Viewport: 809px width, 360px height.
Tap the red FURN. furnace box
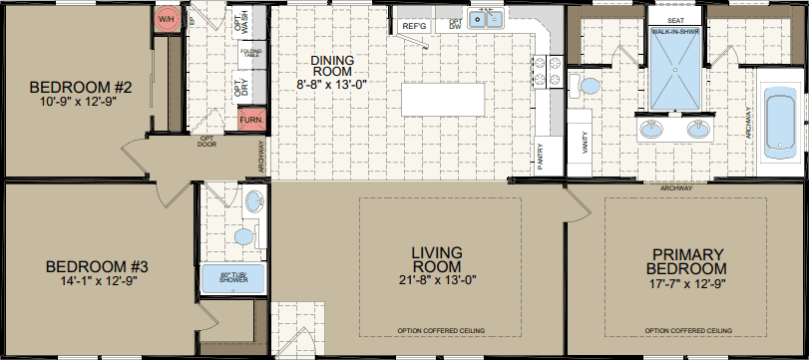coord(250,123)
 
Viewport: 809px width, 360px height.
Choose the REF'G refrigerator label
coord(413,24)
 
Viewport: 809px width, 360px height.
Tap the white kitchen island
coord(442,101)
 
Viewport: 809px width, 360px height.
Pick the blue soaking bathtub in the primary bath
coord(774,123)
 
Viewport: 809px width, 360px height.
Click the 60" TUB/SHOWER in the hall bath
coord(235,280)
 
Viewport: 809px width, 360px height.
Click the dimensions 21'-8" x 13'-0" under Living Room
coord(439,282)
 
